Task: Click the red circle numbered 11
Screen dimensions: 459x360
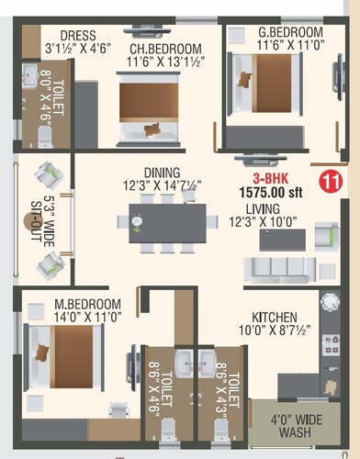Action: [x=329, y=181]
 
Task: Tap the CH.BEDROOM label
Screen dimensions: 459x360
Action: [x=163, y=49]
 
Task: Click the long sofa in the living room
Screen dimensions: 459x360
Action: [x=280, y=267]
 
